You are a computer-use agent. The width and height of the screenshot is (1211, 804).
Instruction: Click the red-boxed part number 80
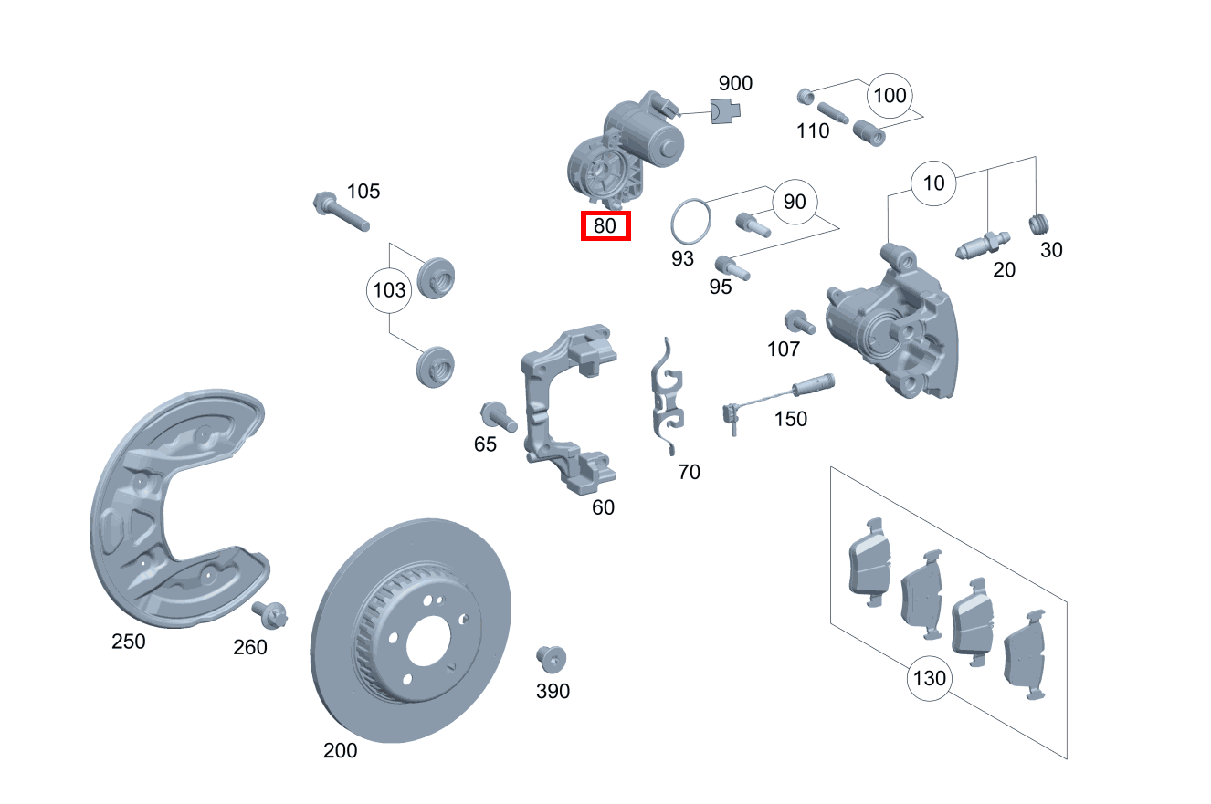tap(605, 225)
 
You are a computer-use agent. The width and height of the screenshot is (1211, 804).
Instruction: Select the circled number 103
tap(390, 291)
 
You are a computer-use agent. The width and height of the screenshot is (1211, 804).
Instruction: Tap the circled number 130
tap(929, 679)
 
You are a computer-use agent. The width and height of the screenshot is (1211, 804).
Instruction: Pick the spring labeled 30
tap(1038, 223)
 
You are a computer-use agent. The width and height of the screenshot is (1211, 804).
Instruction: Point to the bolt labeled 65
tap(500, 417)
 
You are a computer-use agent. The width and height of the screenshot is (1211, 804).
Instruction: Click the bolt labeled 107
tap(798, 322)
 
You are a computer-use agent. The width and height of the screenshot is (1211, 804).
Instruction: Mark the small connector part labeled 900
tap(727, 110)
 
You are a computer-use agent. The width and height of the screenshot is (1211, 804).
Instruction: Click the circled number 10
tap(933, 183)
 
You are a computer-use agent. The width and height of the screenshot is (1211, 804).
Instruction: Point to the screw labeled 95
tap(732, 267)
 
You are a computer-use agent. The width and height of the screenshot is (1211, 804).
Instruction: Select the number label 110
tap(812, 131)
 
